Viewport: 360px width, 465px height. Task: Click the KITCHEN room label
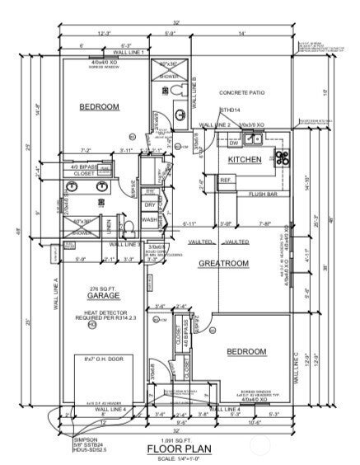click(245, 159)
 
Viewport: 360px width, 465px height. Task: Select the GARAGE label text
click(100, 294)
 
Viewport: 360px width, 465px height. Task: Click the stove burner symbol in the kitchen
click(283, 157)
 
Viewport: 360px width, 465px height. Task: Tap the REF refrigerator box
click(224, 180)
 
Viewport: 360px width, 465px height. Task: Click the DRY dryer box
click(150, 205)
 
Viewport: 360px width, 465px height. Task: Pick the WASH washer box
click(150, 220)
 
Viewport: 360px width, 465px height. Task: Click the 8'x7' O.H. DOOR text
click(101, 359)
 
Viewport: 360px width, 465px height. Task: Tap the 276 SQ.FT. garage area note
click(101, 285)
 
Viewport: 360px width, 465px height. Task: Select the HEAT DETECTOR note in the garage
click(101, 312)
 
